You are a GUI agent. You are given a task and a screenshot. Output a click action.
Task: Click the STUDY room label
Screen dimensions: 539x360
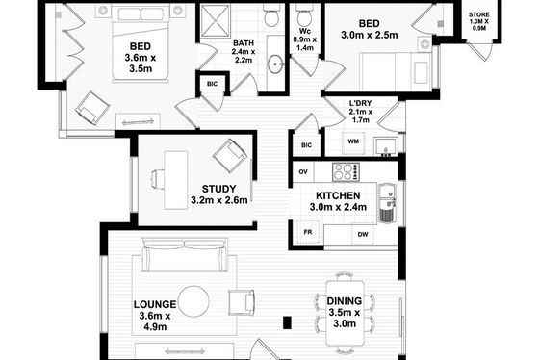(219, 189)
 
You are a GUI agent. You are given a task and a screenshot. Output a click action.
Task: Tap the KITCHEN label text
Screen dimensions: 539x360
(338, 195)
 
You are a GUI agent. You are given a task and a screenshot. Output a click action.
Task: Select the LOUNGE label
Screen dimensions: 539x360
(155, 304)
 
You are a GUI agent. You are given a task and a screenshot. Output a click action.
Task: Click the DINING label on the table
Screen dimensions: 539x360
(345, 301)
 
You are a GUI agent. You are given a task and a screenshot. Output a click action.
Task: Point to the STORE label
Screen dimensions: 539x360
(479, 14)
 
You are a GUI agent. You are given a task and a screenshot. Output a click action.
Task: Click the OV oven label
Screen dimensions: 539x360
(303, 172)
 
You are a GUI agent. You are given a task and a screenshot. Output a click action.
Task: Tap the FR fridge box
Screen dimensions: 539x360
(308, 232)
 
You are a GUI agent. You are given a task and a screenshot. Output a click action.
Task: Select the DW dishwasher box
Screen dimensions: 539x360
(363, 234)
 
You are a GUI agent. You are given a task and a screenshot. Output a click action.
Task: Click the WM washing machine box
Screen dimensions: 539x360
(353, 141)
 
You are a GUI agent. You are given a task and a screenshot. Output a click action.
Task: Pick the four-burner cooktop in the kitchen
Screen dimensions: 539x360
(346, 171)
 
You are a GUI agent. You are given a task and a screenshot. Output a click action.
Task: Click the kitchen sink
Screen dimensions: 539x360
(387, 203)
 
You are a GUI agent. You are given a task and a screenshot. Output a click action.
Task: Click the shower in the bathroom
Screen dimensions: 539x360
(216, 20)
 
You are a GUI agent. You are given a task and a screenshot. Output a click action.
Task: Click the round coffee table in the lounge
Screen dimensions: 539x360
(193, 301)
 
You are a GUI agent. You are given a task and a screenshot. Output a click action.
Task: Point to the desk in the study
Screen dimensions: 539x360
(175, 180)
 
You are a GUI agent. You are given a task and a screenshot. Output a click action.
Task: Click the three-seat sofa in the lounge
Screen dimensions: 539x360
(185, 255)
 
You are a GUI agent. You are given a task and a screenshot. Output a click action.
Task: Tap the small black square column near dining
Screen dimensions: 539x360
(287, 322)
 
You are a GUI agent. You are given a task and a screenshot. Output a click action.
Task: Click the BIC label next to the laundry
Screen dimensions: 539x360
(306, 145)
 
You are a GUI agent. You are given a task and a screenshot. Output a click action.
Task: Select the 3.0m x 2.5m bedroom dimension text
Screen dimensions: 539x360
(370, 35)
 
